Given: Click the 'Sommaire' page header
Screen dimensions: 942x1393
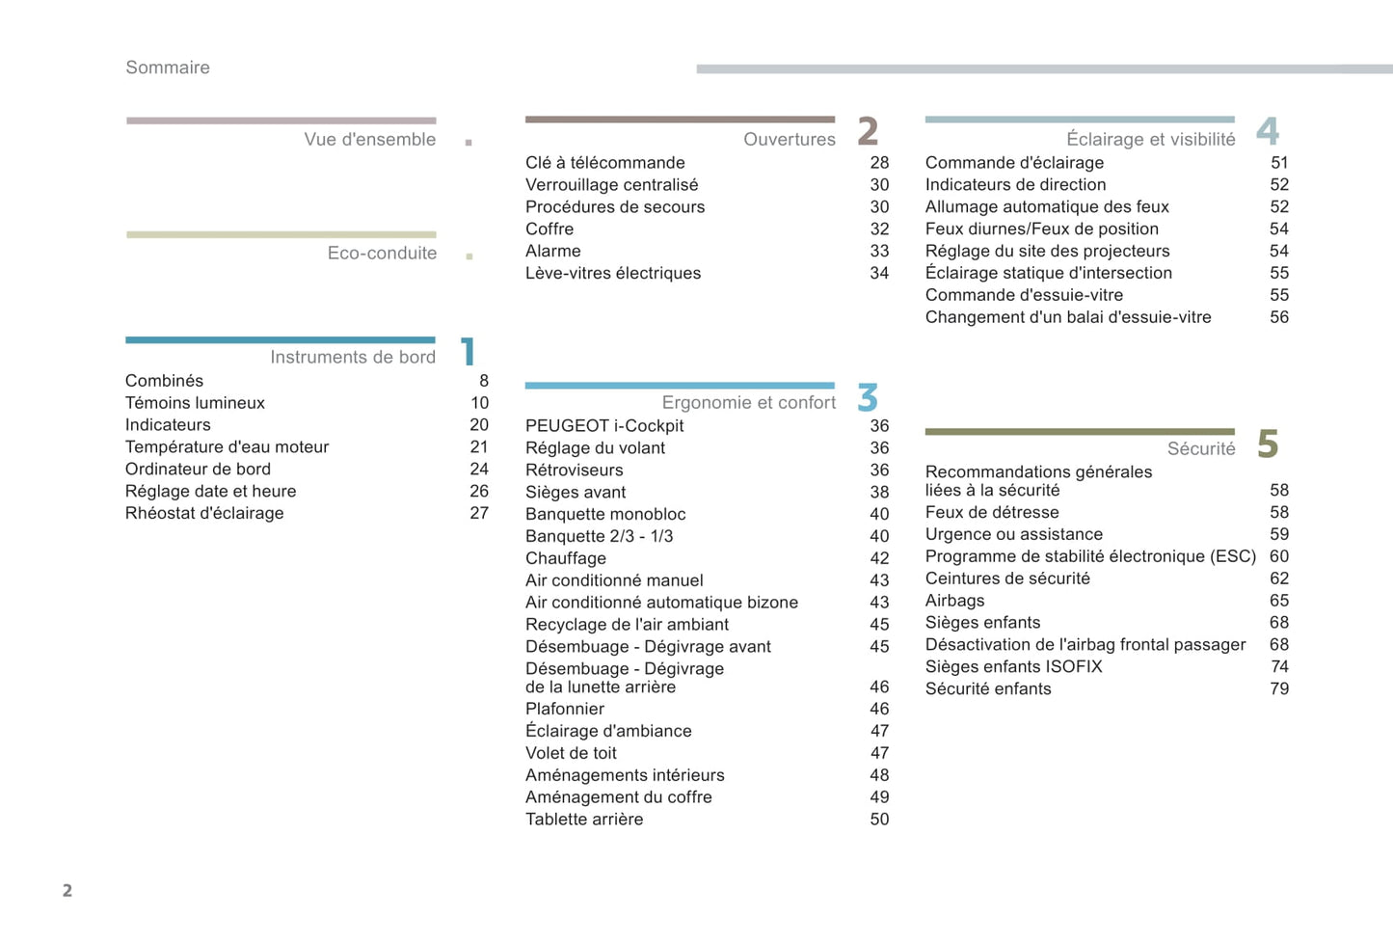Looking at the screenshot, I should [168, 67].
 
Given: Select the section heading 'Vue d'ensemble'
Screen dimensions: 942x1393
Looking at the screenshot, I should [370, 140].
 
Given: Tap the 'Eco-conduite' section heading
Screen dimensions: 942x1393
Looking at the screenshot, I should [382, 254].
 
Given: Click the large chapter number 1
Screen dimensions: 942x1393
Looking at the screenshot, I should [469, 352].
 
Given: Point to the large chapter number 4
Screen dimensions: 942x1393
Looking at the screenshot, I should [1267, 131].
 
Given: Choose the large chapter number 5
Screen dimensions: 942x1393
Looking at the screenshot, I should [1268, 444].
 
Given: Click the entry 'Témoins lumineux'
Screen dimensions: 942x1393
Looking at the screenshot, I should [195, 403].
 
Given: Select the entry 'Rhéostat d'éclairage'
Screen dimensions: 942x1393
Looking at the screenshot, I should [204, 514].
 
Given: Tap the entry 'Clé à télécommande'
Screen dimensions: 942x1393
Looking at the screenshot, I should [605, 163].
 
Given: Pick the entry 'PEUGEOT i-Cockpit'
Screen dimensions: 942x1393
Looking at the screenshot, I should [604, 426].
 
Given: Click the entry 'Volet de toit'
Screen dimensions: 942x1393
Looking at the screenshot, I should [571, 754].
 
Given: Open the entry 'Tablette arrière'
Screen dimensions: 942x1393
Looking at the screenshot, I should [584, 820].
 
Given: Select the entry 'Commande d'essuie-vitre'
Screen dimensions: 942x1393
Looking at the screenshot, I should [1024, 296].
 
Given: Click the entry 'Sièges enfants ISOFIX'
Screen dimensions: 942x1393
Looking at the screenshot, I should [1013, 667].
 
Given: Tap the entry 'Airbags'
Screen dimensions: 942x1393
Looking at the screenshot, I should [954, 601].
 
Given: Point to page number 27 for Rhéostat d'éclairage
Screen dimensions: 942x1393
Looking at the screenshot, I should [479, 514].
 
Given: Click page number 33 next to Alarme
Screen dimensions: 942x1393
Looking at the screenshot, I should [879, 252].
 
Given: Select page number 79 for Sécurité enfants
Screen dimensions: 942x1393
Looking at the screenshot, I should [1279, 689].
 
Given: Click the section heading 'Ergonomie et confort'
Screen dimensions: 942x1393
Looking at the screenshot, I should [749, 403].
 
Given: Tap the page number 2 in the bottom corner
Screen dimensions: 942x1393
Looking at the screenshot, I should [67, 891].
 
